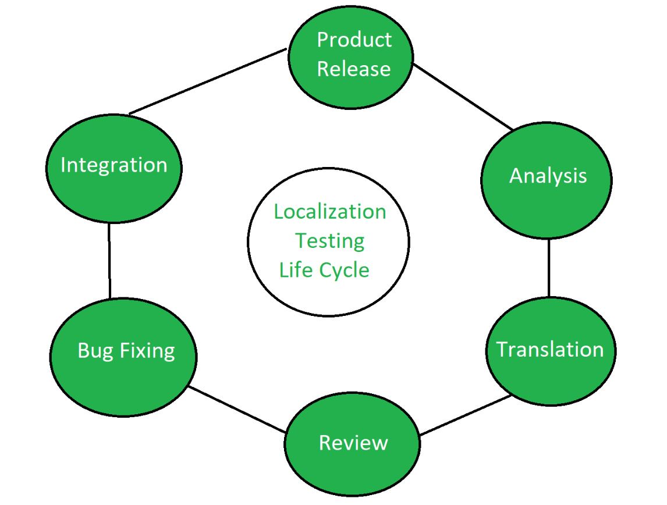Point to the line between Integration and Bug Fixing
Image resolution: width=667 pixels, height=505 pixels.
click(x=109, y=261)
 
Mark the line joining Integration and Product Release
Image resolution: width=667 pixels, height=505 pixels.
click(x=208, y=81)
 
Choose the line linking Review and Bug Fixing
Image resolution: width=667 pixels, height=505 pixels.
click(x=237, y=410)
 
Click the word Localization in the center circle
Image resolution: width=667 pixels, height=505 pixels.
click(x=330, y=212)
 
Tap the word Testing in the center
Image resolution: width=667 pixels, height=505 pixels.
click(x=329, y=241)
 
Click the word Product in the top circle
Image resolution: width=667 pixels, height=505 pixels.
click(x=354, y=40)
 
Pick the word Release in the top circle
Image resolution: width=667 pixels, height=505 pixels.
click(x=353, y=69)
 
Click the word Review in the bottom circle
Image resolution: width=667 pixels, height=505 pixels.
click(x=353, y=443)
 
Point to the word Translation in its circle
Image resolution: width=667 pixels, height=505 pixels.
click(x=550, y=350)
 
